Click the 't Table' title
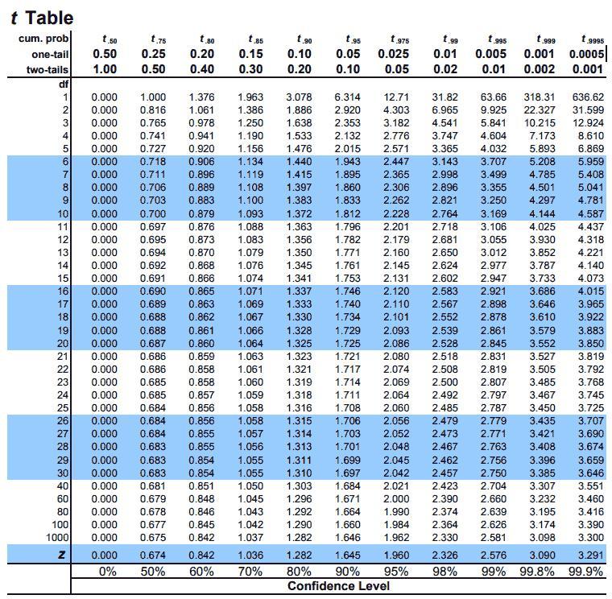point(41,17)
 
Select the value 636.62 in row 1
point(587,97)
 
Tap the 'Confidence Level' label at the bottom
point(338,585)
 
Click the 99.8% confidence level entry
point(539,571)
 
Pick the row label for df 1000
point(57,537)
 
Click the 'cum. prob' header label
point(44,39)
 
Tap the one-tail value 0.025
point(395,53)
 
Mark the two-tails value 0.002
point(539,69)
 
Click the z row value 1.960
point(395,555)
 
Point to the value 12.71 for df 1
point(397,97)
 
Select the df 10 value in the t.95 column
point(347,214)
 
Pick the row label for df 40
point(61,485)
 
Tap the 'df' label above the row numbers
point(63,83)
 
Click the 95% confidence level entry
point(395,571)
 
